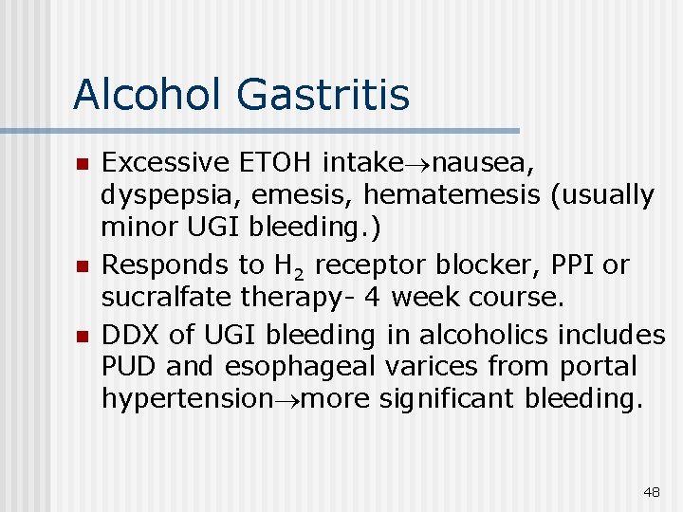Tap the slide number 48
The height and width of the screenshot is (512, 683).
pos(652,492)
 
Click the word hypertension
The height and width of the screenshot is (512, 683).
pos(186,398)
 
